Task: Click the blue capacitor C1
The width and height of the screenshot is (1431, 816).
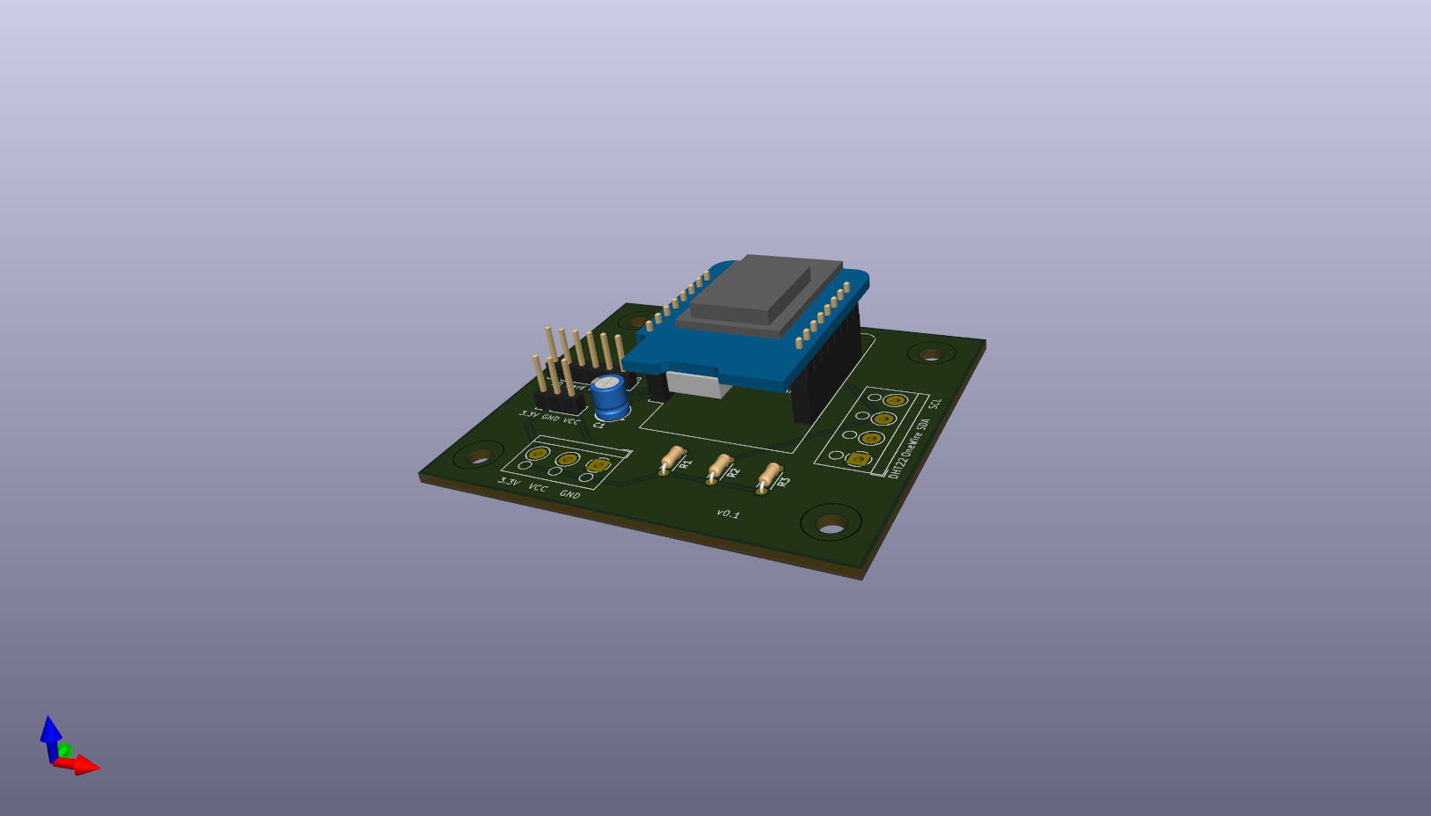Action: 609,397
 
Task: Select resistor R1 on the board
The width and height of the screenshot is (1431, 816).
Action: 672,459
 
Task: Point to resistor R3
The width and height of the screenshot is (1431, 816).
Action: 769,476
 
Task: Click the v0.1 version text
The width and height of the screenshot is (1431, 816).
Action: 728,514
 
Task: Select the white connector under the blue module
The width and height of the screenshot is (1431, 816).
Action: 698,384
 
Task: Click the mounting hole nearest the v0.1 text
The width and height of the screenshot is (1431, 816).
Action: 831,525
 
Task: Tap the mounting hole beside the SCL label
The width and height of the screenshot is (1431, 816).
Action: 931,354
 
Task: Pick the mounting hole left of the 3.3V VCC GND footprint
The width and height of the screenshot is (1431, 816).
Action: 478,455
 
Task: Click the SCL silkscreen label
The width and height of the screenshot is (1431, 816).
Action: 934,403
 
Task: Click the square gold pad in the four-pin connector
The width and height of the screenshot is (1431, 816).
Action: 858,459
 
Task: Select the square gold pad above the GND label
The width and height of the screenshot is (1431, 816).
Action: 599,465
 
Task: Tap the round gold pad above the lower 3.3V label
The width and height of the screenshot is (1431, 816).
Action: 537,455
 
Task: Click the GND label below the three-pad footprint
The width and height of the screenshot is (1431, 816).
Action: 570,494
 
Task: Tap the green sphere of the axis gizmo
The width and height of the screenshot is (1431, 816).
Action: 64,751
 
